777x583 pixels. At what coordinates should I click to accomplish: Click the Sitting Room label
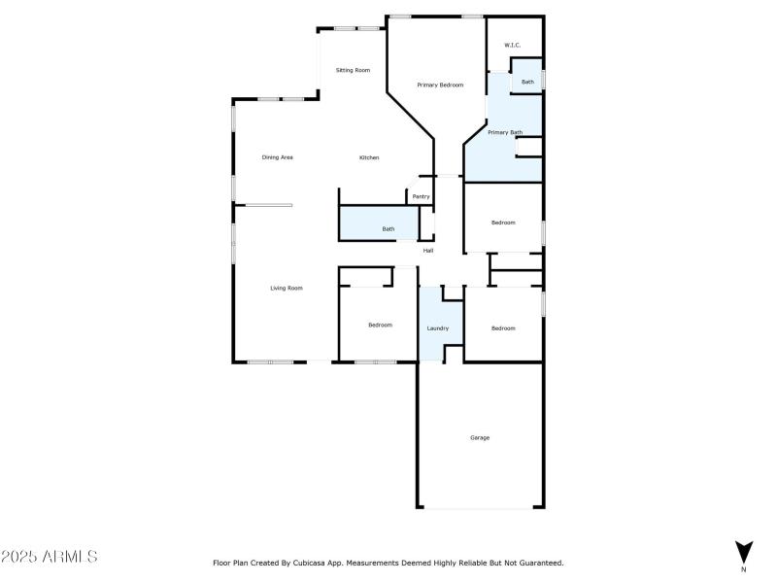pyautogui.click(x=353, y=70)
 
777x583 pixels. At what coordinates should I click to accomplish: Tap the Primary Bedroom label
pyautogui.click(x=440, y=86)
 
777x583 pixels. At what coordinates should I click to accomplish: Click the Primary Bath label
pyautogui.click(x=505, y=132)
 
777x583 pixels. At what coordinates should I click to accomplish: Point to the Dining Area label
pyautogui.click(x=278, y=157)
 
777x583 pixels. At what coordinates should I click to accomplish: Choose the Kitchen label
pyautogui.click(x=369, y=157)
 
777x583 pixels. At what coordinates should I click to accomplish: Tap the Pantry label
pyautogui.click(x=421, y=196)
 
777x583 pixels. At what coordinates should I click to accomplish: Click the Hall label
pyautogui.click(x=427, y=251)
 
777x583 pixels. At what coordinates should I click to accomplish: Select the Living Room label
pyautogui.click(x=287, y=288)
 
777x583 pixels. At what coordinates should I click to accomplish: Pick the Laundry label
pyautogui.click(x=438, y=327)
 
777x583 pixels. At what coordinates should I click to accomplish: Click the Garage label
pyautogui.click(x=480, y=437)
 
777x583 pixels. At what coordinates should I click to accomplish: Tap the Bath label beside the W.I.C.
pyautogui.click(x=527, y=82)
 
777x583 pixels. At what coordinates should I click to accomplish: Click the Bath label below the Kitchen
pyautogui.click(x=388, y=229)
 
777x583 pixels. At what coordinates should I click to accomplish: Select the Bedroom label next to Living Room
pyautogui.click(x=380, y=325)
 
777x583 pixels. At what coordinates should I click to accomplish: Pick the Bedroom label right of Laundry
pyautogui.click(x=503, y=327)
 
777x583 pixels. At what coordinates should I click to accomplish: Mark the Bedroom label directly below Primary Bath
pyautogui.click(x=503, y=223)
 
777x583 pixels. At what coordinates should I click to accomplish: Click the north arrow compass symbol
pyautogui.click(x=744, y=551)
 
